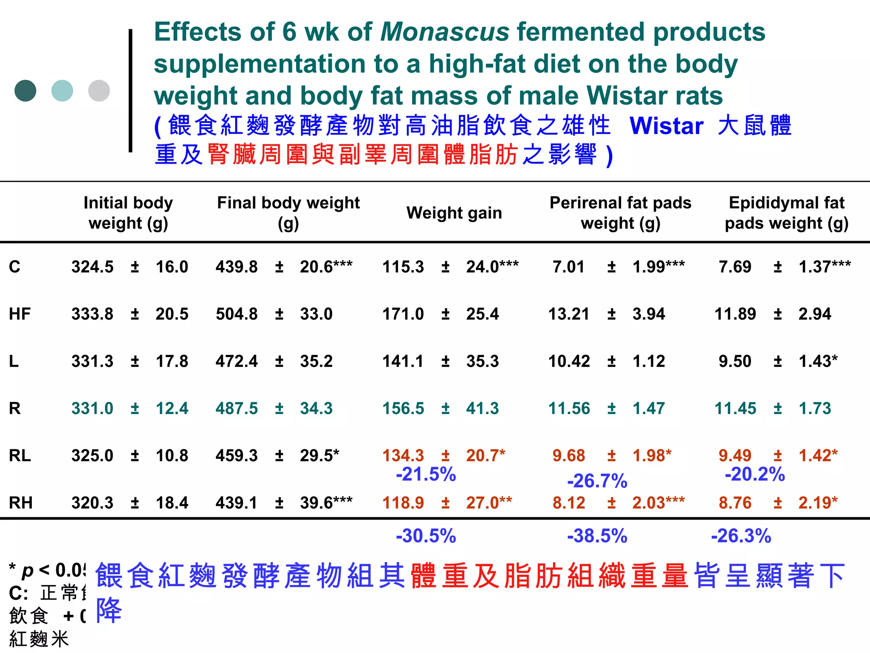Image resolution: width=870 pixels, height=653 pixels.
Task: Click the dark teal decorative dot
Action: tap(25, 91)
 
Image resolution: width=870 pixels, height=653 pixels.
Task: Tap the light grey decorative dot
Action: tap(99, 91)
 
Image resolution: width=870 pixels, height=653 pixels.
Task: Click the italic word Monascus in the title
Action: tap(444, 32)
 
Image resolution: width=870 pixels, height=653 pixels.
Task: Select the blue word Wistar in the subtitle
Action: tap(666, 126)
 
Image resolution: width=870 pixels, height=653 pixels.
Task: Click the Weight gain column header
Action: tap(454, 213)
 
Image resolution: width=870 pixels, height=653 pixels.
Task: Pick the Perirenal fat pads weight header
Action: tap(620, 213)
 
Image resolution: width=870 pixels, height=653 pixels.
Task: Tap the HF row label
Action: tap(20, 314)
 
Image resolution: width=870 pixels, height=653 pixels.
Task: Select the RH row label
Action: tap(20, 503)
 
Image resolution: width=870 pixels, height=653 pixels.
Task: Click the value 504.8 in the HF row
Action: tap(236, 314)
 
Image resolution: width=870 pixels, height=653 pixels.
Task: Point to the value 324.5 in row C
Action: tap(92, 267)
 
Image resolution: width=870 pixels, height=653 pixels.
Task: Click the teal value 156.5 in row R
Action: tap(403, 409)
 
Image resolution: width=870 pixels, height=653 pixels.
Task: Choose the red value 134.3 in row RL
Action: tap(403, 456)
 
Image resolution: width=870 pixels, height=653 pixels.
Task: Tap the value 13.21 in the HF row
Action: tap(568, 314)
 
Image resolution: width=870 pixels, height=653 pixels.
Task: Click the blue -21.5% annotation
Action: tap(426, 474)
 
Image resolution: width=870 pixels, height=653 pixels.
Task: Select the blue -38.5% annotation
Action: tap(597, 536)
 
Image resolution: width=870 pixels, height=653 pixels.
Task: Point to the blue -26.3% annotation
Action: tap(741, 536)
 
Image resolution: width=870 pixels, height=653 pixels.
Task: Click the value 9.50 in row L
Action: tap(734, 361)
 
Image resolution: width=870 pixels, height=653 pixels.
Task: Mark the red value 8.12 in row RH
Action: tap(568, 503)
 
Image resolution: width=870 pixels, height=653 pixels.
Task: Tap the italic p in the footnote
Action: tap(27, 571)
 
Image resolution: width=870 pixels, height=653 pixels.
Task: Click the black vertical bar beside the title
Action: tap(130, 91)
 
